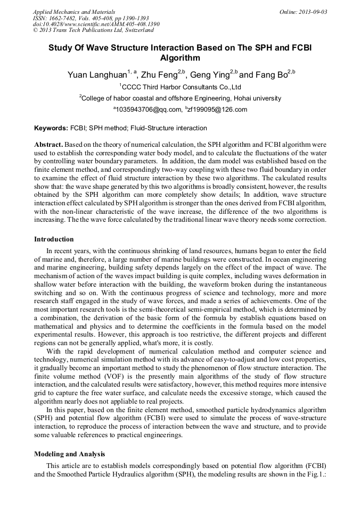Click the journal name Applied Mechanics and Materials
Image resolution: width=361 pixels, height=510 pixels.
point(74,11)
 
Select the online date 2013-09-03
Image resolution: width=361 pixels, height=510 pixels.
point(313,11)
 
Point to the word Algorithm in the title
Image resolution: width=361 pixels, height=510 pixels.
point(180,58)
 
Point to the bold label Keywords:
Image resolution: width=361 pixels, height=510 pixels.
point(51,128)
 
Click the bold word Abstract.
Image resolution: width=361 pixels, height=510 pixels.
point(48,144)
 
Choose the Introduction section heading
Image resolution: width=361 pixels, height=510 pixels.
point(54,239)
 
